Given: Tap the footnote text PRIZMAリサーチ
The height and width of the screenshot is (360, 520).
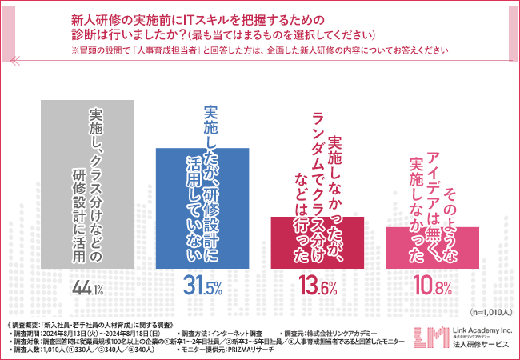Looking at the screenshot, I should pyautogui.click(x=247, y=350).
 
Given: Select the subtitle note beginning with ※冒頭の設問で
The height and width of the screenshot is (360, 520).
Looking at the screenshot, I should pyautogui.click(x=260, y=50).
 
